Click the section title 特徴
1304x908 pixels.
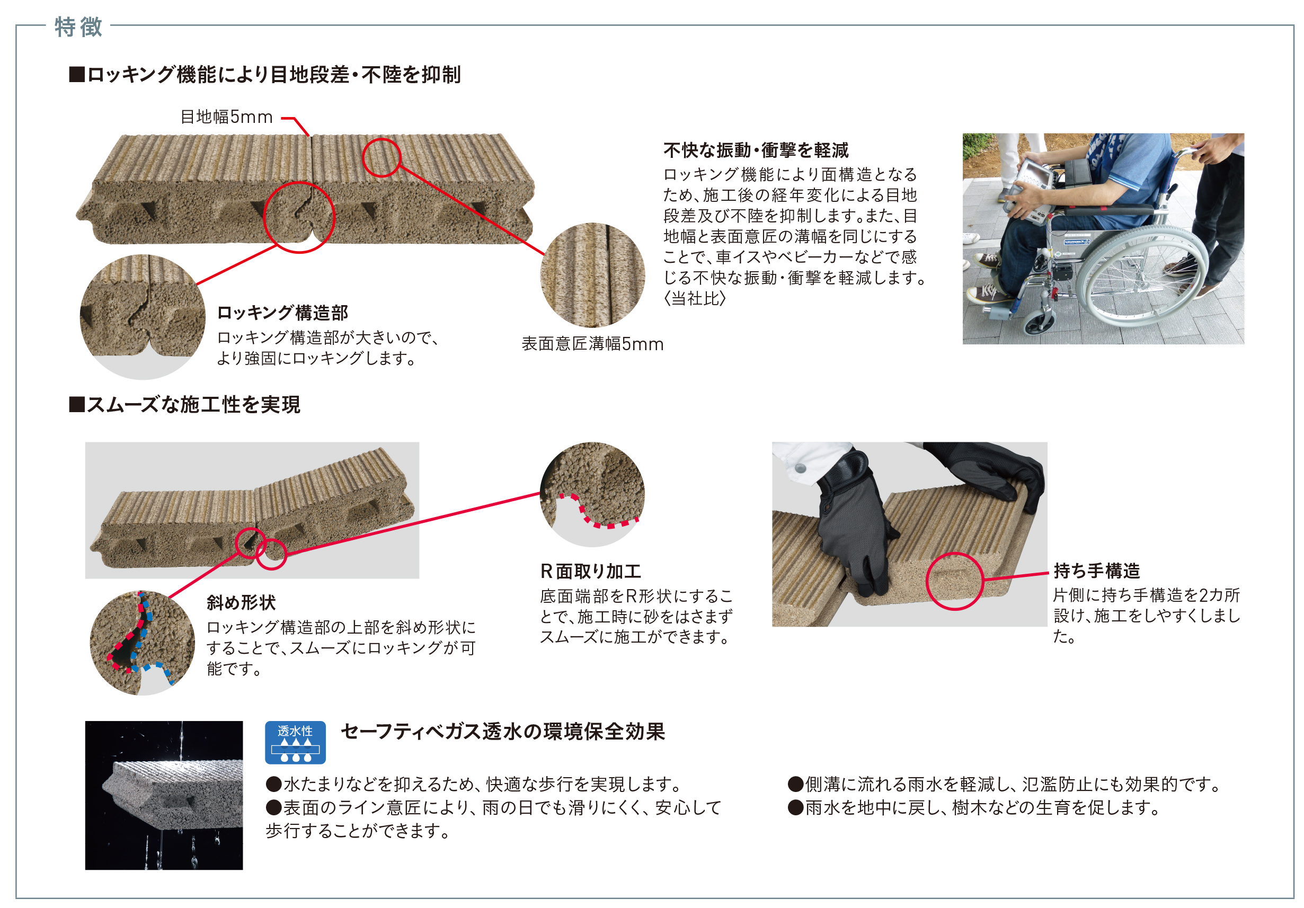78,26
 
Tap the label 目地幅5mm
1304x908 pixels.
227,117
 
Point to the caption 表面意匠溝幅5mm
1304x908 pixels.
592,344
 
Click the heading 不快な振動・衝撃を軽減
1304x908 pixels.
756,150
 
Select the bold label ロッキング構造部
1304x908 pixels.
283,313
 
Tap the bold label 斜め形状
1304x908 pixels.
241,602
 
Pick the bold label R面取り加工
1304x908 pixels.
591,571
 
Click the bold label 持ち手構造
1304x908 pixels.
1097,570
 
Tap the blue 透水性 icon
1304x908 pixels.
295,742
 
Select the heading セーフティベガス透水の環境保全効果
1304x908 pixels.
503,732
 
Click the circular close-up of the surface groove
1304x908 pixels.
592,275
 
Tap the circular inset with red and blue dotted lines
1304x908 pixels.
143,643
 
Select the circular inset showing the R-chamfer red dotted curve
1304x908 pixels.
592,495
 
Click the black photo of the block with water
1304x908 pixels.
164,795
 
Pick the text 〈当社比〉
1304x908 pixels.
695,298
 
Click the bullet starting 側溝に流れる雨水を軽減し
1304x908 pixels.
1005,784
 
